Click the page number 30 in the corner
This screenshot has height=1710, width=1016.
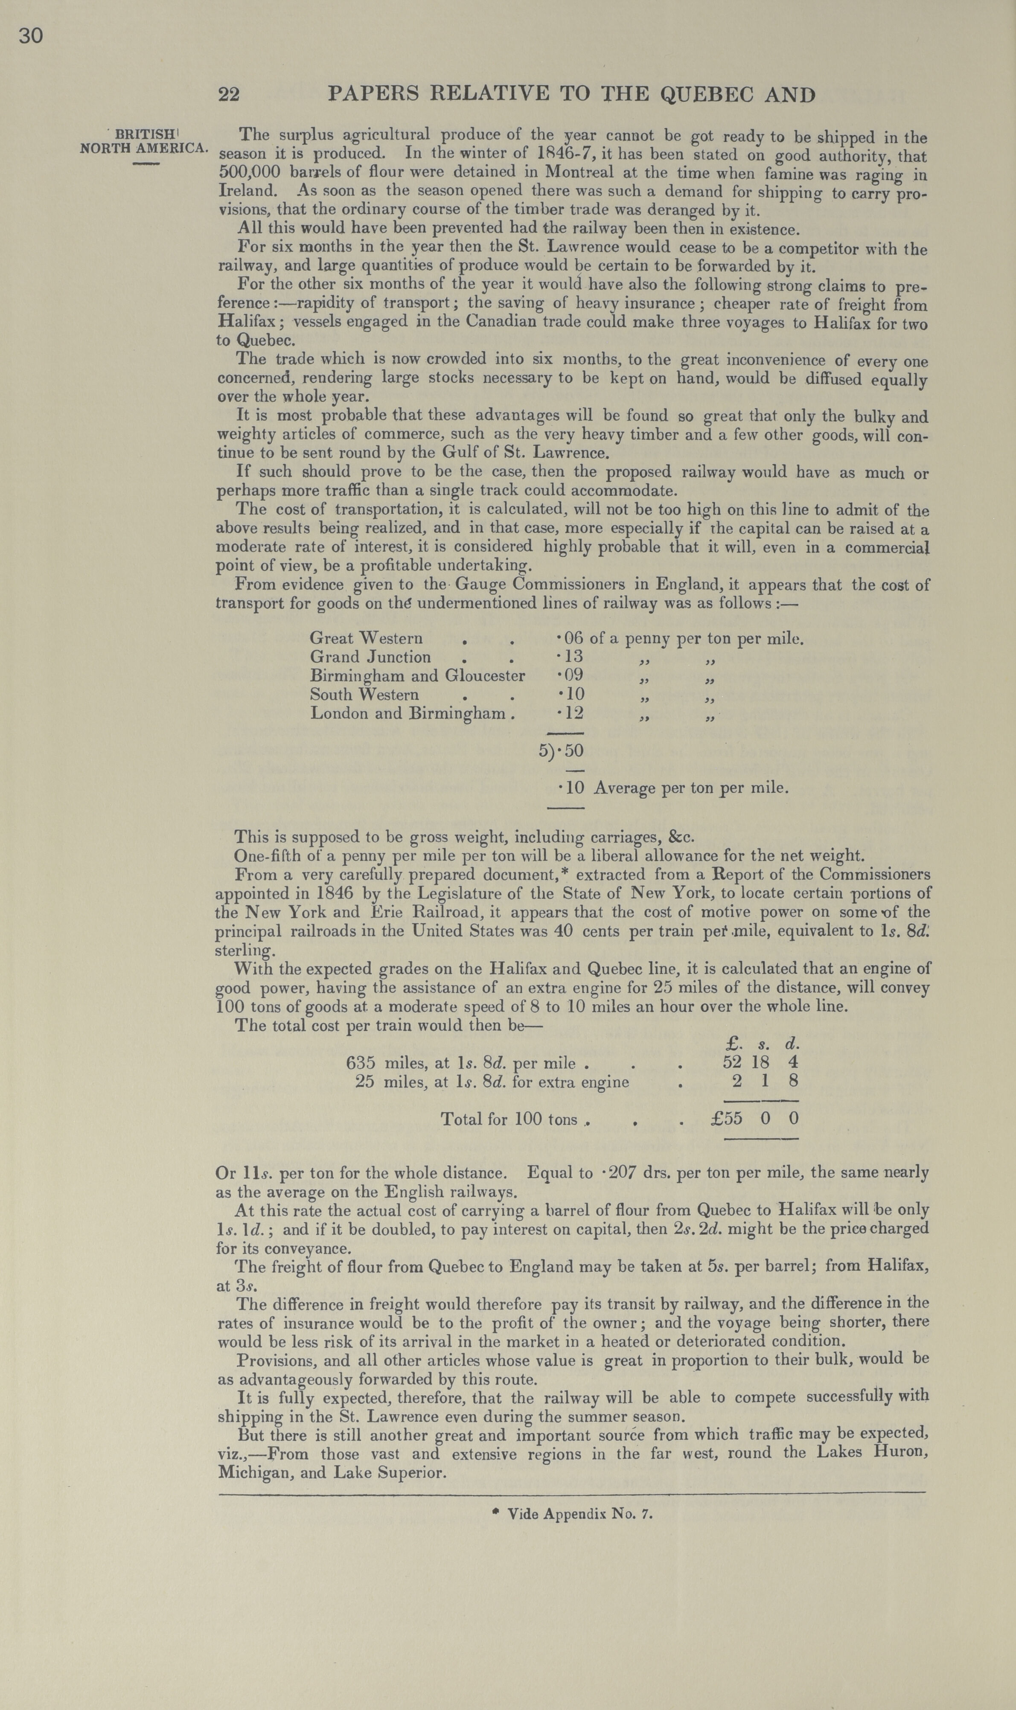31,35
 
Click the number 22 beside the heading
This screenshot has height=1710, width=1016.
229,94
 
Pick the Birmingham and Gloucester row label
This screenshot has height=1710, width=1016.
417,676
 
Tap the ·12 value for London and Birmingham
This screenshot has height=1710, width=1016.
571,713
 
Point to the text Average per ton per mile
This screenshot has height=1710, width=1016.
691,788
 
